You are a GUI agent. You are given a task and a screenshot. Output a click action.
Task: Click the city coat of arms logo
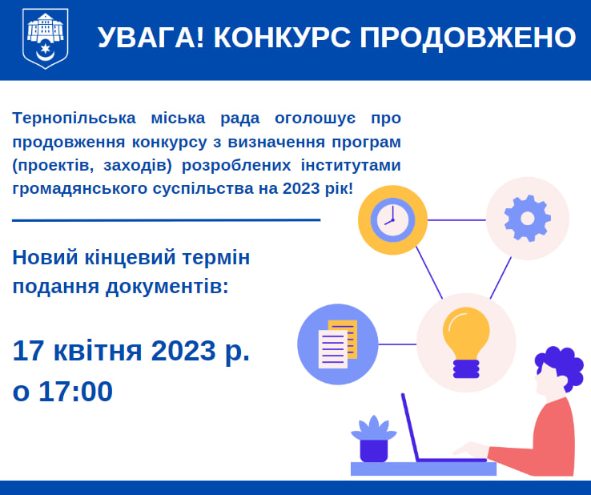click(x=45, y=38)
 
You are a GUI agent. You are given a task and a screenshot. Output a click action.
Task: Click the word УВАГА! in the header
click(x=151, y=38)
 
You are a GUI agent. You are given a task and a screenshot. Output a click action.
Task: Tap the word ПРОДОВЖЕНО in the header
click(x=468, y=38)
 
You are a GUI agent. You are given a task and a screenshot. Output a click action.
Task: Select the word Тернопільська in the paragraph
click(x=74, y=118)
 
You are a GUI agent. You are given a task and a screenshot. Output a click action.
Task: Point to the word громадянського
click(x=79, y=188)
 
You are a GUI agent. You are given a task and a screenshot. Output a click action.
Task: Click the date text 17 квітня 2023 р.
click(x=131, y=352)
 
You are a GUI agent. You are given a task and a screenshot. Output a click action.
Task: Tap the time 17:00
click(x=75, y=392)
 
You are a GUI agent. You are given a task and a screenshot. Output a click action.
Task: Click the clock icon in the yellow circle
click(x=392, y=219)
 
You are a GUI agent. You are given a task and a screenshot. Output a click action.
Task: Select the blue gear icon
click(x=527, y=219)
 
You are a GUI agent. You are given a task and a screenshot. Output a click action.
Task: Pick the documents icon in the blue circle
click(x=338, y=344)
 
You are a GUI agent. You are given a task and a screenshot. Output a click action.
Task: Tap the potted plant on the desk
click(x=373, y=439)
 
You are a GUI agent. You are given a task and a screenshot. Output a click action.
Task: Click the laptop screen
click(x=410, y=427)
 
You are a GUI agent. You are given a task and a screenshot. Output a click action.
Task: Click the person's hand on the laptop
click(x=470, y=449)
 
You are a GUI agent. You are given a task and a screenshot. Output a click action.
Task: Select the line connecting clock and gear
click(x=456, y=219)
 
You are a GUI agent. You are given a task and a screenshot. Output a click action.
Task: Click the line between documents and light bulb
click(x=397, y=344)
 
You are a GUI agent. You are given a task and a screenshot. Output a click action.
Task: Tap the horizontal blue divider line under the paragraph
click(x=167, y=219)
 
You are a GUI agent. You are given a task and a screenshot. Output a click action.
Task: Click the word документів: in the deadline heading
click(x=167, y=287)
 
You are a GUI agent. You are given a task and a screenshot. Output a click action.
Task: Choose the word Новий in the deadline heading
click(x=46, y=258)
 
